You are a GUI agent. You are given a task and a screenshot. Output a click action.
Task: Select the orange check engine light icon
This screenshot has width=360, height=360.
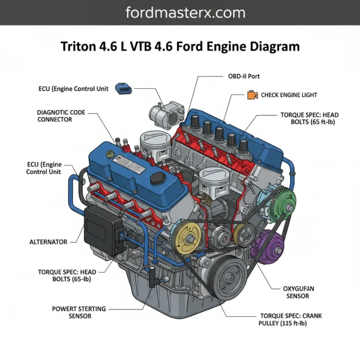coord(252,95)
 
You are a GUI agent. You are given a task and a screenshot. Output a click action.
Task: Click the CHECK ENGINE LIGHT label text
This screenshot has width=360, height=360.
coord(289,95)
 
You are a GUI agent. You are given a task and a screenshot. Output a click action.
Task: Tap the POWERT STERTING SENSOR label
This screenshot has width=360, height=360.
coord(79,313)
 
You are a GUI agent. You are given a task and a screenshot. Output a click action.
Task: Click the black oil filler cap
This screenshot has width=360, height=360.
coord(161,179)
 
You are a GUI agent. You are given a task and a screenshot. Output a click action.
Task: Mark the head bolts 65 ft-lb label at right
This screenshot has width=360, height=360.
coord(309,118)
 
